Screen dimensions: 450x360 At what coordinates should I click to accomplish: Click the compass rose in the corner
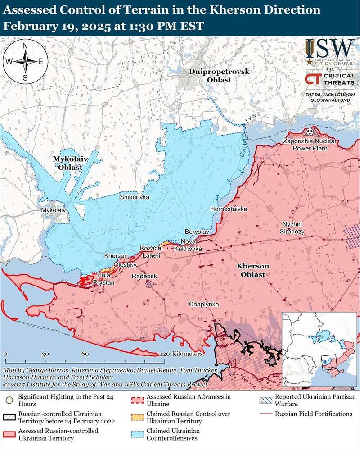point(26,61)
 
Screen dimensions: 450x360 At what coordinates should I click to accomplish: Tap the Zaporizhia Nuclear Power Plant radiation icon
point(309,132)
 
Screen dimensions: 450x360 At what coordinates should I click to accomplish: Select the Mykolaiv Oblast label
point(67,163)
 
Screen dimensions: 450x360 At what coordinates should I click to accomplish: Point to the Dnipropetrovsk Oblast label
point(213,76)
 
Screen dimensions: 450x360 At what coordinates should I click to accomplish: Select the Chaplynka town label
point(204,305)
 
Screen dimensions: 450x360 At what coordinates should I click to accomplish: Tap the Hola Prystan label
point(103,278)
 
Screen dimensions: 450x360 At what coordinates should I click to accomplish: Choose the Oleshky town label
point(122,265)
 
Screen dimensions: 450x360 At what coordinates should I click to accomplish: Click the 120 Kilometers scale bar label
point(182,354)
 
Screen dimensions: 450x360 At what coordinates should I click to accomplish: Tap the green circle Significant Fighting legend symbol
point(9,399)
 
